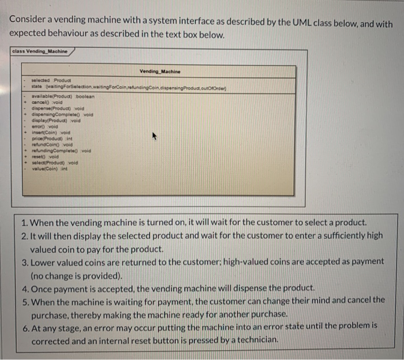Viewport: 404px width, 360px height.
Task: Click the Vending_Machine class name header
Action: pyautogui.click(x=160, y=71)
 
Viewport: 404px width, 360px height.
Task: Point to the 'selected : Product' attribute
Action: pyautogui.click(x=49, y=80)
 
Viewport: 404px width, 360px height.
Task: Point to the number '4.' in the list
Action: pyautogui.click(x=24, y=288)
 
